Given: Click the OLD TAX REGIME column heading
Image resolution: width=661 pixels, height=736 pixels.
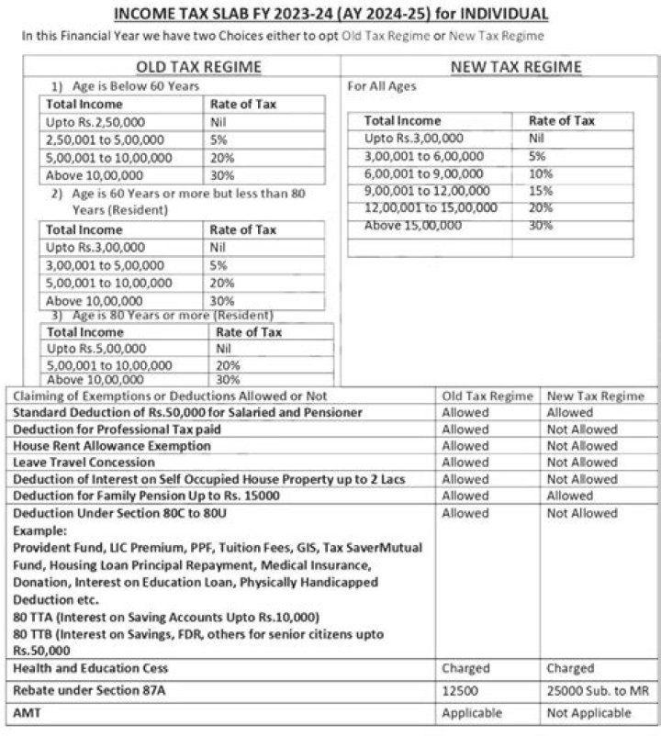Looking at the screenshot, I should click(198, 67).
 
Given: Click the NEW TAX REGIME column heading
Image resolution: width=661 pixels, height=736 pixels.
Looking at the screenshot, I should click(516, 67).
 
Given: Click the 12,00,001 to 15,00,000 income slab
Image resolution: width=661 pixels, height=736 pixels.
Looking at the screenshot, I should click(431, 207).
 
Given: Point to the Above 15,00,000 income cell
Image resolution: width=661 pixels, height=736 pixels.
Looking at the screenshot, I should click(413, 225).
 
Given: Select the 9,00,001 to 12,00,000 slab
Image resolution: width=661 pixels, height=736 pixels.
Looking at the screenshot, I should click(427, 190).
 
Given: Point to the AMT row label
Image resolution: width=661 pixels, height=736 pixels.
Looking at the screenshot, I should click(27, 713).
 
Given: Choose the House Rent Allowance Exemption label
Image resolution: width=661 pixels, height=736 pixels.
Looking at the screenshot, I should click(111, 446).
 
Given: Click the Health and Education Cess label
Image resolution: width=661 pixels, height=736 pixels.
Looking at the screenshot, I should click(90, 668).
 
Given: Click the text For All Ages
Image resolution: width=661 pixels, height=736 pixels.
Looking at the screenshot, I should click(381, 86).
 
